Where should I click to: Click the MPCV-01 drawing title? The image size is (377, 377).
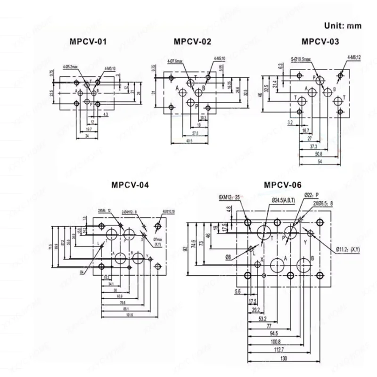click(88, 42)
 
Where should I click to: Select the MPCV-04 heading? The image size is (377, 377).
click(130, 185)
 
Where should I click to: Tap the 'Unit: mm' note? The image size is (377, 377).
click(342, 25)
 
